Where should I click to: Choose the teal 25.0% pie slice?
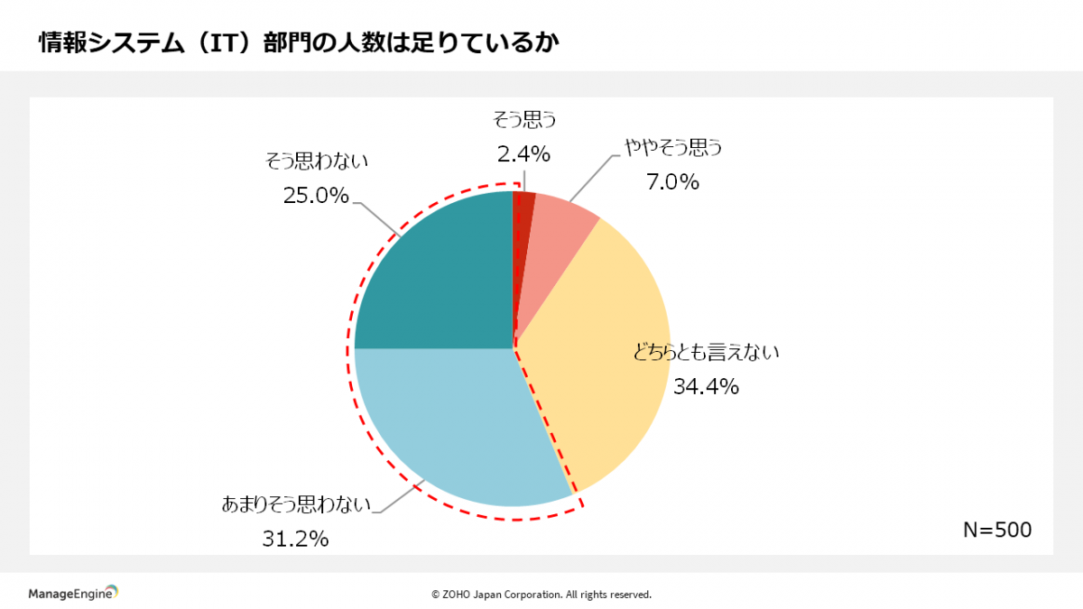click(433, 271)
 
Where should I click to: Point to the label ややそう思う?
click(674, 148)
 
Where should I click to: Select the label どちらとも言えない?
click(706, 352)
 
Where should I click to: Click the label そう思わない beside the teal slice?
click(317, 161)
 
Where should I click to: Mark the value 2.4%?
click(523, 154)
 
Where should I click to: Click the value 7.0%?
click(672, 182)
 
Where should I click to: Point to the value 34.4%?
click(706, 387)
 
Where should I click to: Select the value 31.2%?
click(295, 540)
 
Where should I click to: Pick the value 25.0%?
click(316, 195)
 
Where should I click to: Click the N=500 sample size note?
click(996, 530)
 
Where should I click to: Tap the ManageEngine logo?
click(73, 593)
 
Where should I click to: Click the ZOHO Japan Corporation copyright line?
click(541, 595)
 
